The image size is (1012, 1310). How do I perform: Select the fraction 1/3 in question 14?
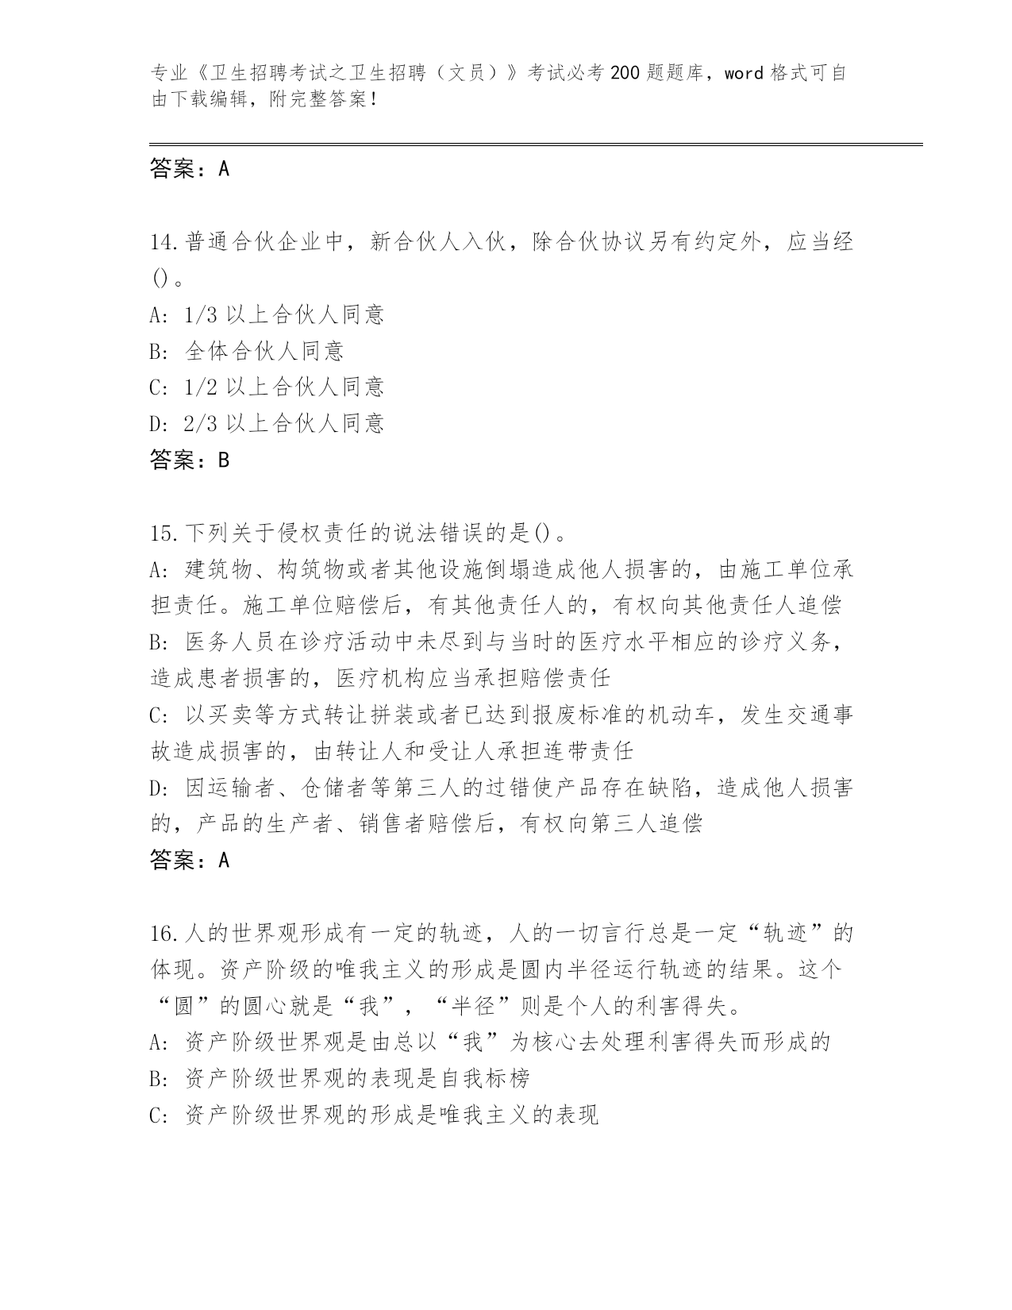[x=200, y=315]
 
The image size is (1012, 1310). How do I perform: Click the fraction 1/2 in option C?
[x=200, y=387]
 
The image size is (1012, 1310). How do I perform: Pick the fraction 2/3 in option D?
[x=200, y=424]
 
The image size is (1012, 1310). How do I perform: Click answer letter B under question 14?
[x=223, y=460]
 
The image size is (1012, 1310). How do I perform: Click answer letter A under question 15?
[x=223, y=860]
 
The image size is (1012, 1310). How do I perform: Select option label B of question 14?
[x=156, y=351]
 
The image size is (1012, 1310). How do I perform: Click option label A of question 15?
[x=156, y=569]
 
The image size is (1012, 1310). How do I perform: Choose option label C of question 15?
[x=156, y=715]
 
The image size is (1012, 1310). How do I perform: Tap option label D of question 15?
[x=156, y=788]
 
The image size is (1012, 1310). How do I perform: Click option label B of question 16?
[x=156, y=1078]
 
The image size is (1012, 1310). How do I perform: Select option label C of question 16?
[x=156, y=1115]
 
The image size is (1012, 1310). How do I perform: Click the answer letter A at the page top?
[x=223, y=168]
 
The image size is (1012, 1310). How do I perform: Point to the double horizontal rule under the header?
[x=536, y=144]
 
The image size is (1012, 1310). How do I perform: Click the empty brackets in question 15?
[x=542, y=533]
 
